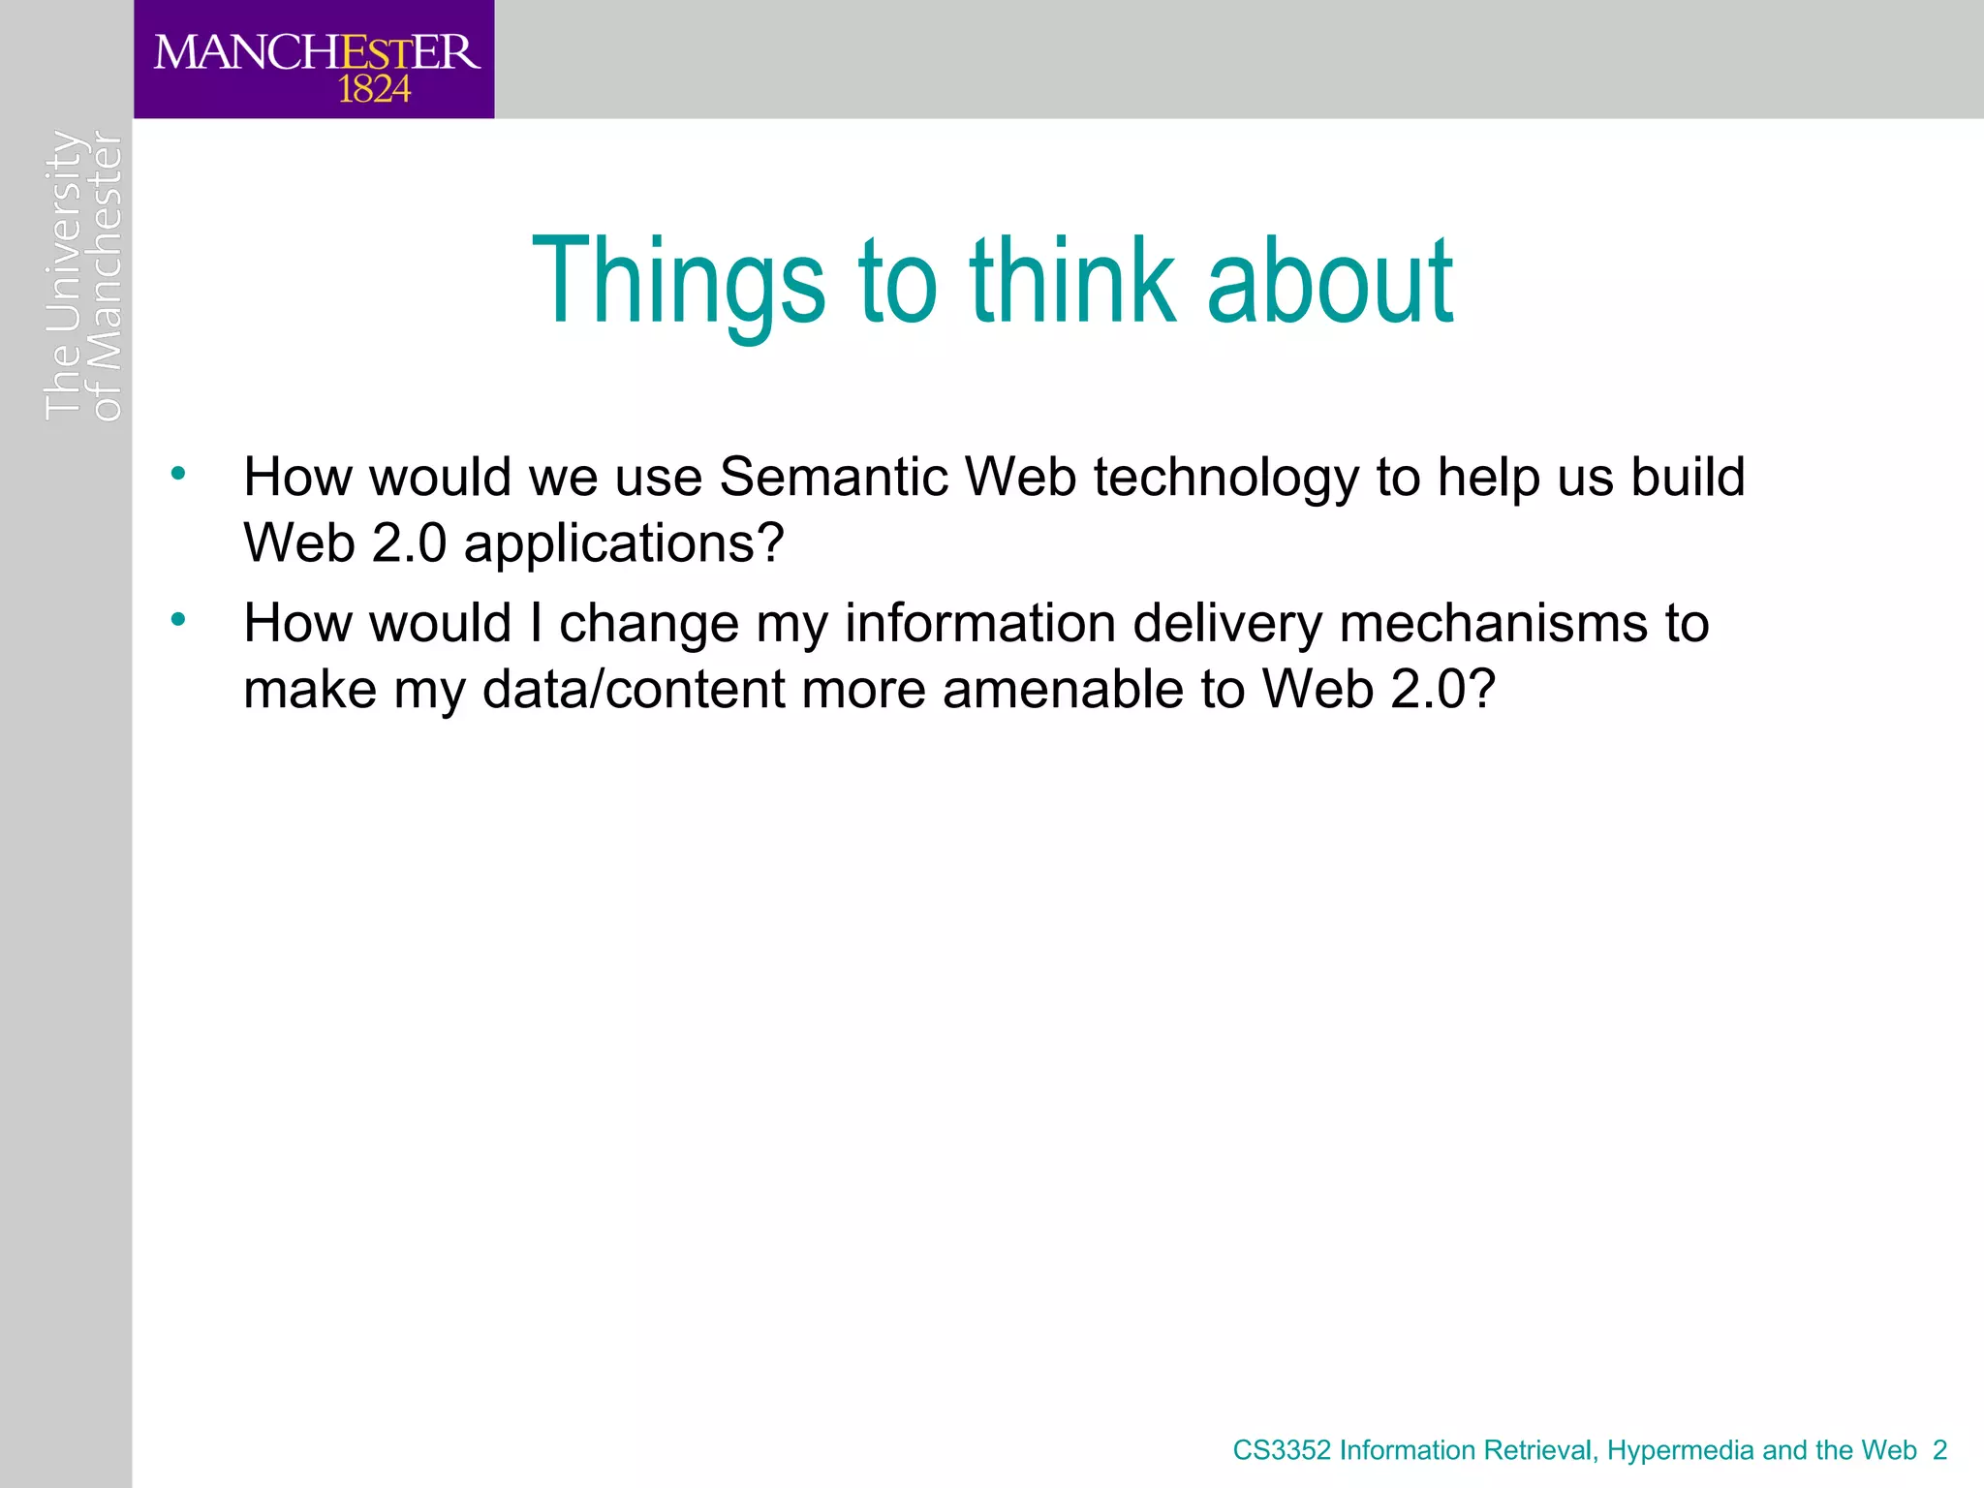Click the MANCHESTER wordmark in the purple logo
click(316, 52)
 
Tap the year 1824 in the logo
click(374, 90)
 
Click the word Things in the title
click(677, 282)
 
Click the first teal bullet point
click(177, 474)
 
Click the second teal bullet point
click(177, 619)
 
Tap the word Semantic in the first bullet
click(833, 478)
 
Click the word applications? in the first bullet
click(624, 544)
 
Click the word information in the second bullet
click(979, 623)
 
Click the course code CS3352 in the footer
click(1282, 1450)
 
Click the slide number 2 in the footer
click(1939, 1450)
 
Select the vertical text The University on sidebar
click(64, 276)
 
